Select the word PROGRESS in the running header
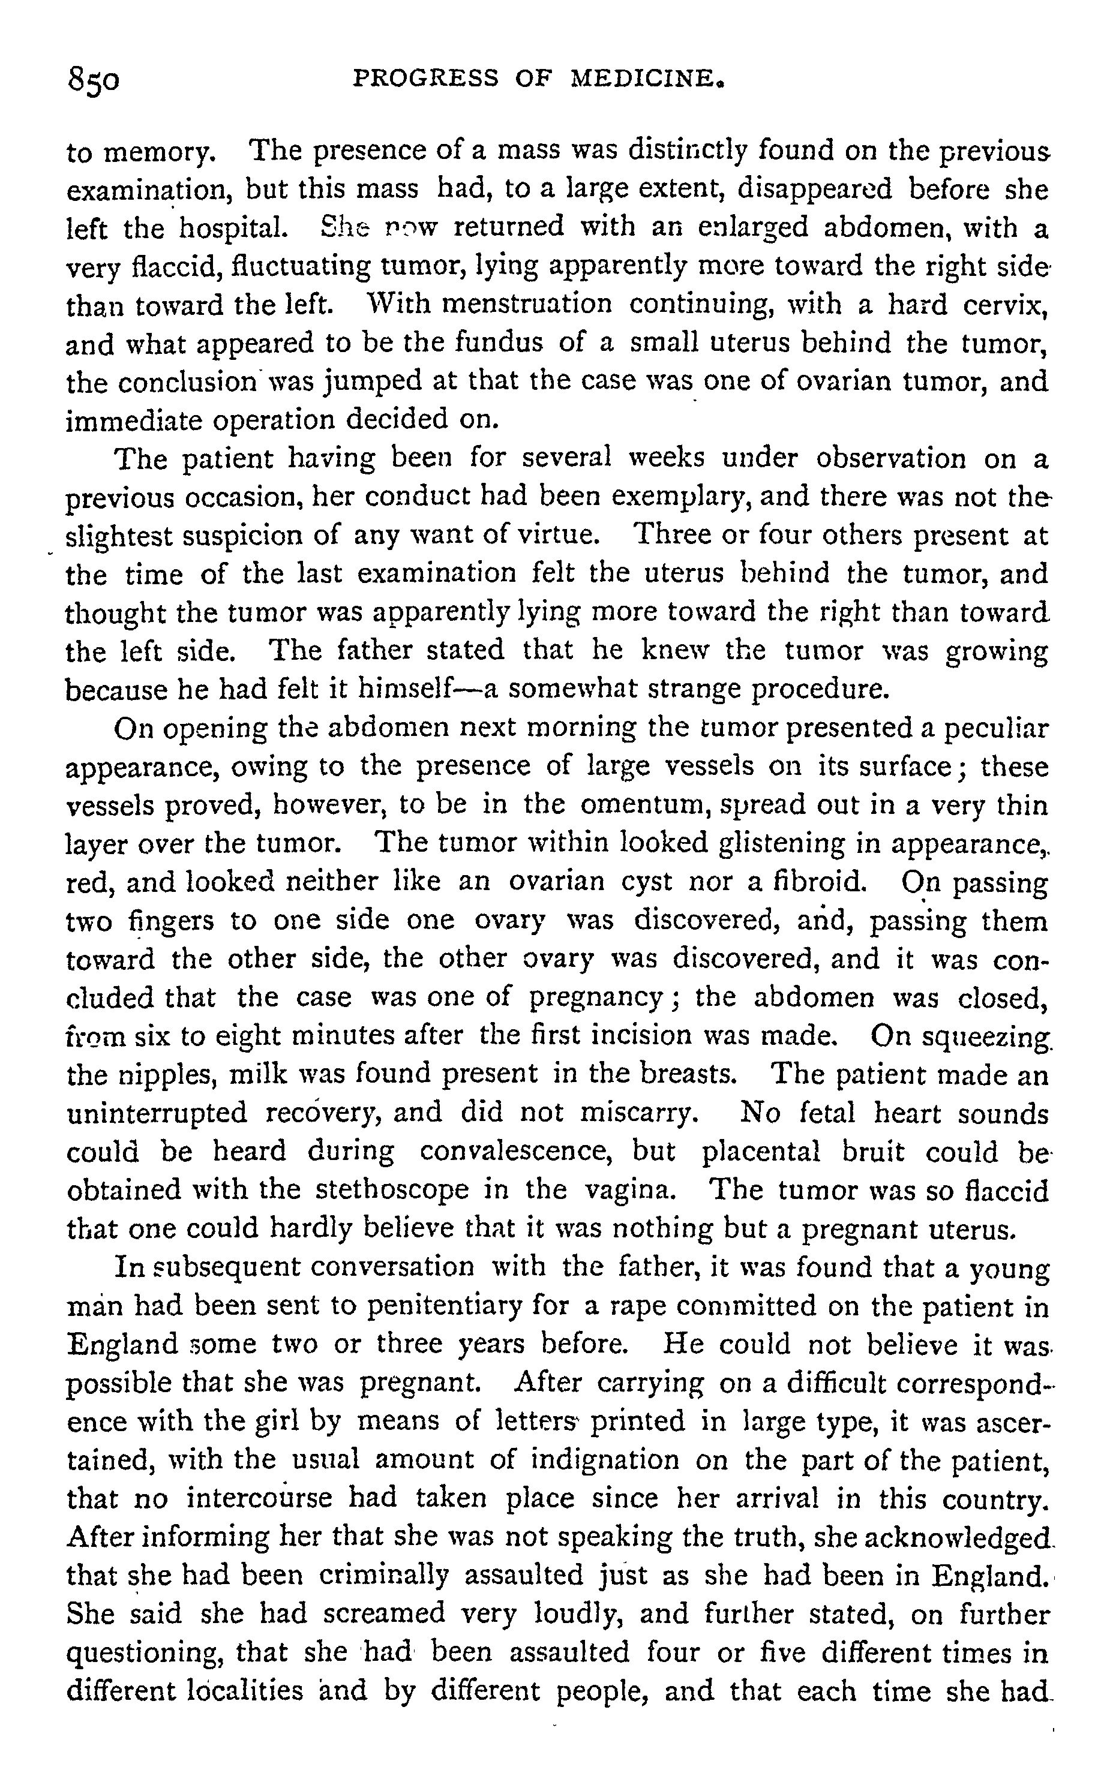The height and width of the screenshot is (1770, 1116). tap(427, 78)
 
